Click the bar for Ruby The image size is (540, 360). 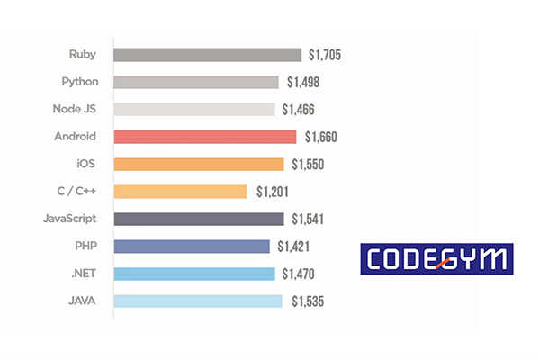(207, 55)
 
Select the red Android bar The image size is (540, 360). (204, 137)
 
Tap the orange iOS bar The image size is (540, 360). (198, 164)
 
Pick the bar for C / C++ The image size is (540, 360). (180, 192)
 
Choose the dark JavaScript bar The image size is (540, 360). (198, 219)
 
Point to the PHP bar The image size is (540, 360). (192, 247)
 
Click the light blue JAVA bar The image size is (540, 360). (197, 301)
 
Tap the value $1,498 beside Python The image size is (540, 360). (302, 83)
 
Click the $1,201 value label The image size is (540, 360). (273, 192)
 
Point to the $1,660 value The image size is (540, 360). (320, 137)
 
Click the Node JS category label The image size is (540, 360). (75, 109)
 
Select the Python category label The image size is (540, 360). (79, 82)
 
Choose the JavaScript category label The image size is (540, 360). (70, 218)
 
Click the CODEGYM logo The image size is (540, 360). (436, 259)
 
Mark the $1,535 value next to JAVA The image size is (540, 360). (307, 301)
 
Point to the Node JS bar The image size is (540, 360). (193, 110)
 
